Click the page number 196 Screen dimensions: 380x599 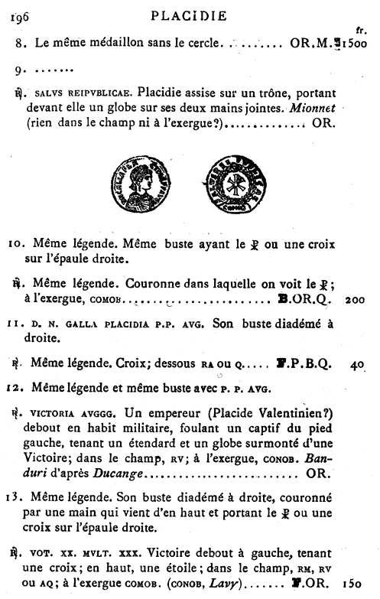tap(15, 15)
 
